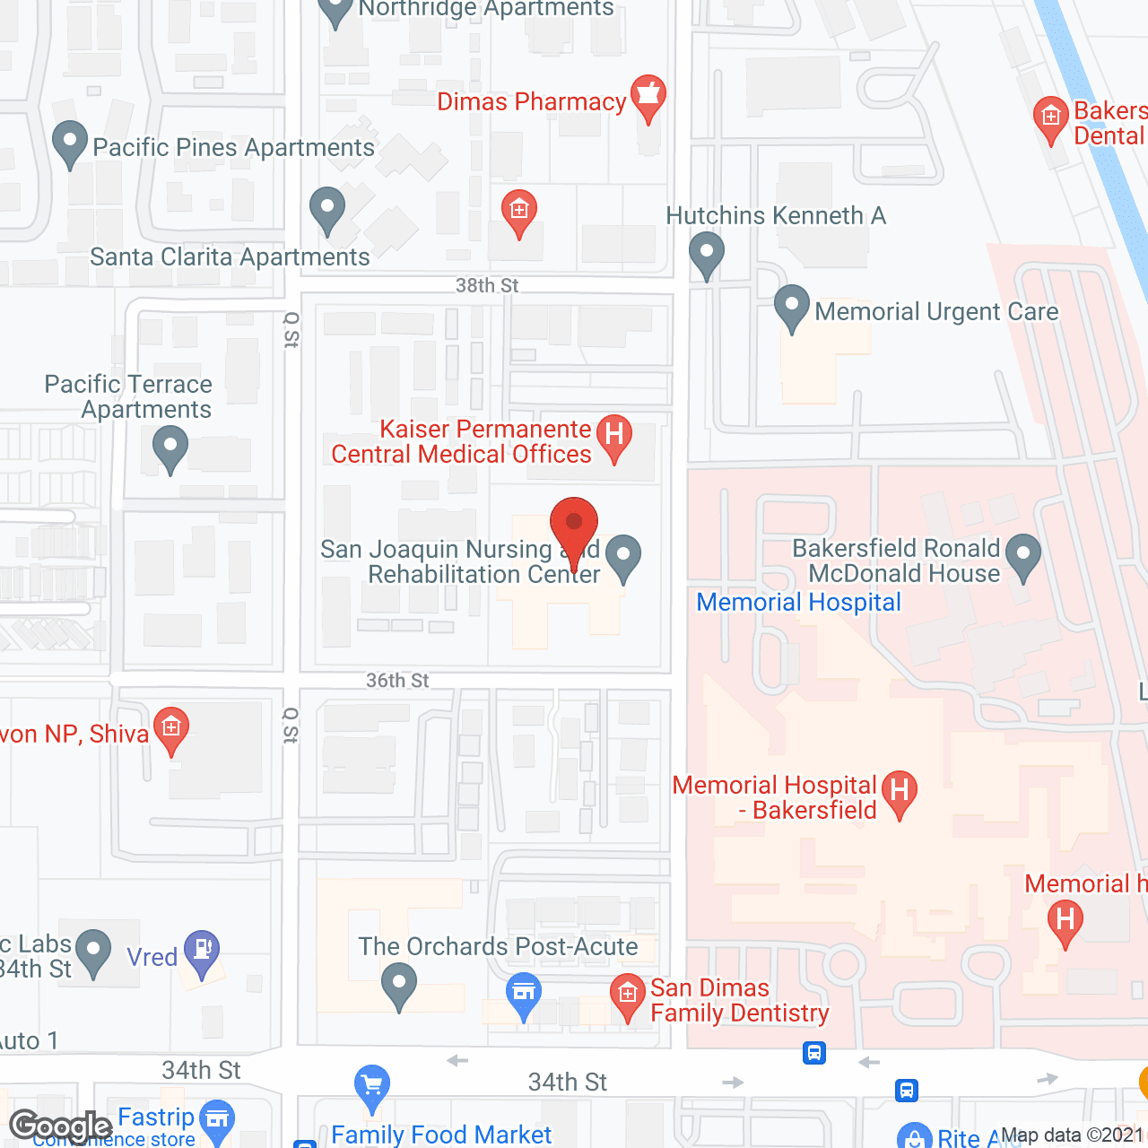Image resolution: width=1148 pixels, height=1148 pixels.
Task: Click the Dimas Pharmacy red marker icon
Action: coord(648,97)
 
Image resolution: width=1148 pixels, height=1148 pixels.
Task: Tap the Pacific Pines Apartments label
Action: coord(233,148)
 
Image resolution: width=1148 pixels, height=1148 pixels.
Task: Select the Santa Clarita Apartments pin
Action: coord(327,210)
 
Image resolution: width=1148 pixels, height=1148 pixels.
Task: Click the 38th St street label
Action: coord(487,285)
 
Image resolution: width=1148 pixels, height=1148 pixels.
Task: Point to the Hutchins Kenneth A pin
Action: coord(707,254)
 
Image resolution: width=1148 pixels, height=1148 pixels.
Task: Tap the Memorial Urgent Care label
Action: coord(936,312)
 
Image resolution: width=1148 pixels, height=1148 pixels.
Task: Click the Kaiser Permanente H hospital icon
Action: coord(614,437)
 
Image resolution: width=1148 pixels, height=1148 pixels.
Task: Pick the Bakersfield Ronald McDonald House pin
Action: coord(1023,556)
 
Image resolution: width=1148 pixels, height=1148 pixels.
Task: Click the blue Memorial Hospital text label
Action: coord(798,603)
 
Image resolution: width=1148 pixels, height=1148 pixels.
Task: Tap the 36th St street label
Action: coord(397,681)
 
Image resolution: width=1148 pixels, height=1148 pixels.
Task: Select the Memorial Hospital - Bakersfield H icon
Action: coord(900,792)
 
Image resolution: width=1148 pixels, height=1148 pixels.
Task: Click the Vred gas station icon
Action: coord(202,952)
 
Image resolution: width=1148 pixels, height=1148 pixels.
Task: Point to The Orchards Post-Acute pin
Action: coord(399,986)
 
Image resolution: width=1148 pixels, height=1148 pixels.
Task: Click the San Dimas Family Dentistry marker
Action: coord(628,996)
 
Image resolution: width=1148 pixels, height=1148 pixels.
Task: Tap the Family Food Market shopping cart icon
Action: coord(372,1086)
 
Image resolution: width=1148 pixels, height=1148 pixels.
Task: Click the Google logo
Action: coord(60,1126)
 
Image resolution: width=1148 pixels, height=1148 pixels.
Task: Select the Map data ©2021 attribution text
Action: coord(1073,1135)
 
